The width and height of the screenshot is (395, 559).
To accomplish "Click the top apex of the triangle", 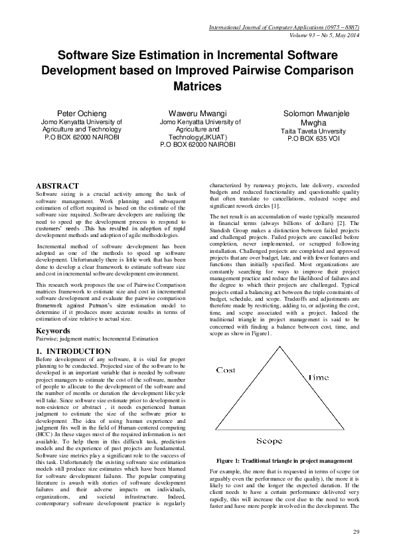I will pyautogui.click(x=279, y=348).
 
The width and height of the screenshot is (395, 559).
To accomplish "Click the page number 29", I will pyautogui.click(x=356, y=533).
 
